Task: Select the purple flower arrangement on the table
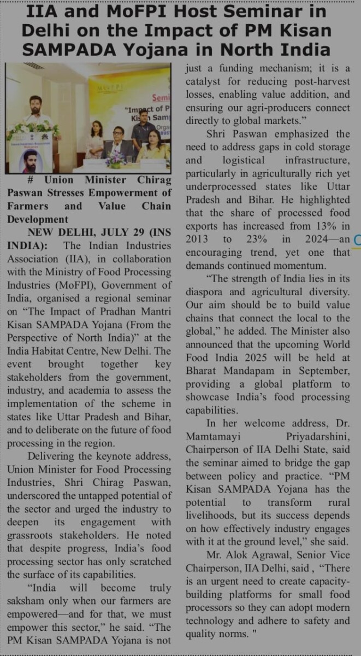[116, 159]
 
